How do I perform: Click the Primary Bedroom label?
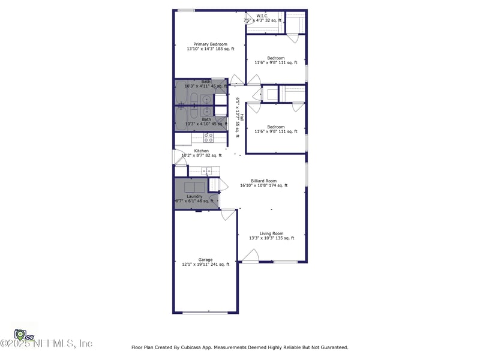click(210, 44)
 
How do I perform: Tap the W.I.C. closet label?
click(262, 16)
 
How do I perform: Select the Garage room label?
click(206, 260)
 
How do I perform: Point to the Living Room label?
click(271, 233)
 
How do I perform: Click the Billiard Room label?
click(263, 181)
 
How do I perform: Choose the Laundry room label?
click(194, 196)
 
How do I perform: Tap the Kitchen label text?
click(201, 151)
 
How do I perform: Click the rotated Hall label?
click(241, 118)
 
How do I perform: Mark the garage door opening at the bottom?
click(205, 313)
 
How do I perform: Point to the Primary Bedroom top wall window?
click(186, 10)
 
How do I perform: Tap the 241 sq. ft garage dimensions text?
click(206, 265)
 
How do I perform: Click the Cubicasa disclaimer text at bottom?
click(239, 347)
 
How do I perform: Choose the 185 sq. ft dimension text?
click(210, 49)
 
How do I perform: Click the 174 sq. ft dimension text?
click(263, 185)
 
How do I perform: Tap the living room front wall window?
click(286, 262)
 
